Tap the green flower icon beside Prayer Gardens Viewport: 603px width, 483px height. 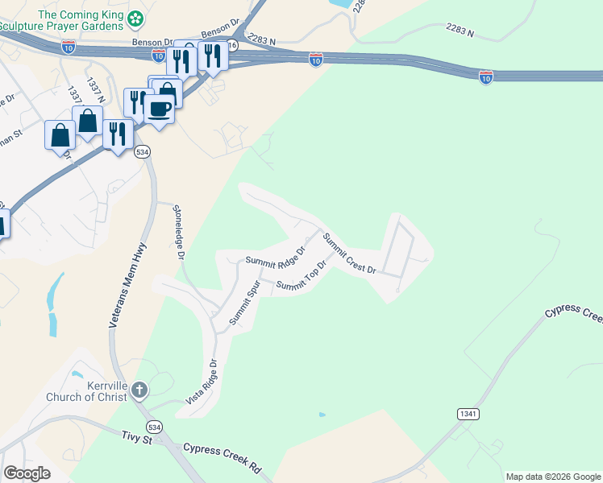[137, 16]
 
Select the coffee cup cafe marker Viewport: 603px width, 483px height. [159, 108]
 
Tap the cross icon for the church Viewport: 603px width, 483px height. [139, 391]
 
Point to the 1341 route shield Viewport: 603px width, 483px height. [467, 414]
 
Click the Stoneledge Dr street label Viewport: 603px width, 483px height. [179, 232]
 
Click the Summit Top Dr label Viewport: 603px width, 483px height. [301, 276]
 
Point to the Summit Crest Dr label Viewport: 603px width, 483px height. [350, 253]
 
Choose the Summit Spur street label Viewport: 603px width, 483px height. [244, 303]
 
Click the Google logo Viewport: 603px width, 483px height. [27, 473]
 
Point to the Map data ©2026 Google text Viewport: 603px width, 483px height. [553, 477]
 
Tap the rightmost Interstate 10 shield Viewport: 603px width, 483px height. [485, 76]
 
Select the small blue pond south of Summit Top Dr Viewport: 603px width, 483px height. [322, 415]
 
